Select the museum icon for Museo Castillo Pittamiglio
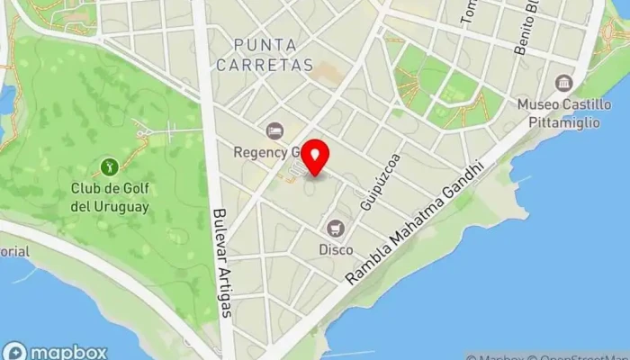tap(563, 85)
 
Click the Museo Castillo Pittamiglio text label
tap(562, 113)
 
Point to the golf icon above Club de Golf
tap(109, 166)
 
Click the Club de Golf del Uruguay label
tap(111, 197)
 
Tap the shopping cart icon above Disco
tap(336, 228)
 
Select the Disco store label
tap(335, 249)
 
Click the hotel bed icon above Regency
tap(274, 131)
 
